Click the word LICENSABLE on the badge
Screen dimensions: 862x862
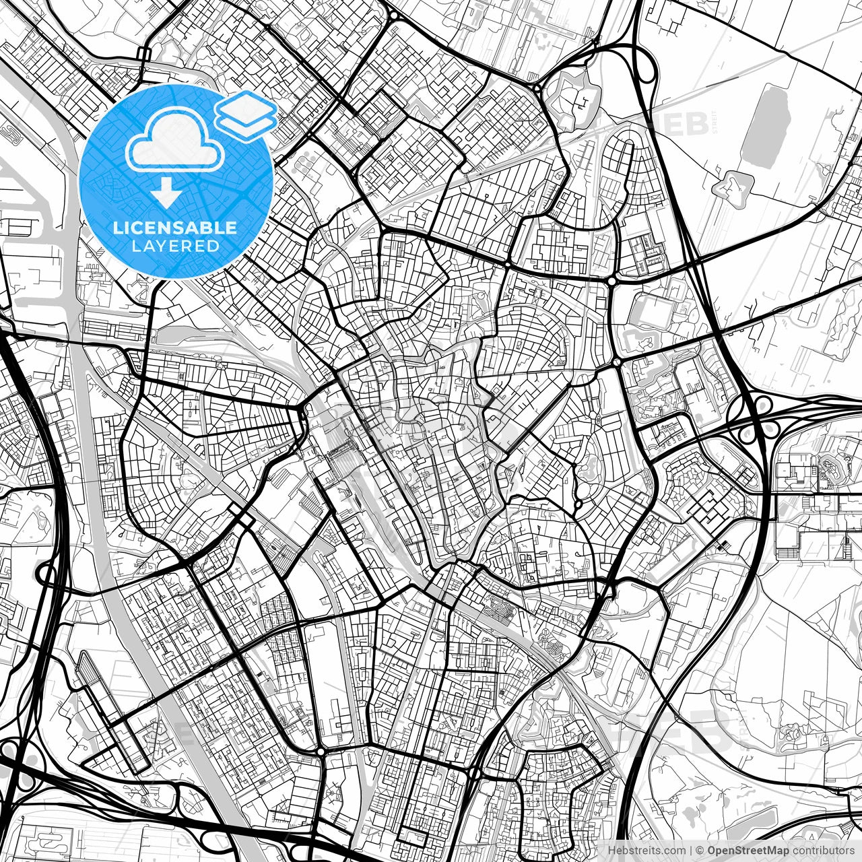pos(176,228)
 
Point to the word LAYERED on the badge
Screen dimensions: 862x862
pos(176,246)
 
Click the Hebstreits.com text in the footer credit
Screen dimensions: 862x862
pos(646,851)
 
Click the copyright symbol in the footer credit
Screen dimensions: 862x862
pos(700,851)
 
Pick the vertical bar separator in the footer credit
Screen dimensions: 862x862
pos(692,851)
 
